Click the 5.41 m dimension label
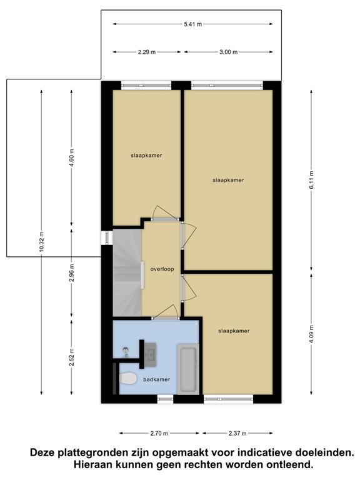pyautogui.click(x=193, y=24)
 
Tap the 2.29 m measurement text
pyautogui.click(x=147, y=52)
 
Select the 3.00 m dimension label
pyautogui.click(x=228, y=52)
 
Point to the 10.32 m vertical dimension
pyautogui.click(x=42, y=242)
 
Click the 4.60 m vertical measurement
pyautogui.click(x=72, y=157)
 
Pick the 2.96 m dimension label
pyautogui.click(x=72, y=272)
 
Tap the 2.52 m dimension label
pyautogui.click(x=72, y=357)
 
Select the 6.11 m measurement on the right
pyautogui.click(x=312, y=180)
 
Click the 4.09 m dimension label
pyautogui.click(x=312, y=334)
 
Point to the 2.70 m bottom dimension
pyautogui.click(x=159, y=433)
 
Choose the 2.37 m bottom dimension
pyautogui.click(x=237, y=433)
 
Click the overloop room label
pyautogui.click(x=162, y=269)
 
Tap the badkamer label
pyautogui.click(x=156, y=379)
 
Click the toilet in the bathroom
pyautogui.click(x=128, y=379)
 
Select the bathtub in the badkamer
pyautogui.click(x=188, y=369)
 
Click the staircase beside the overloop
pyautogui.click(x=127, y=273)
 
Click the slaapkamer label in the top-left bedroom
pyautogui.click(x=146, y=156)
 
